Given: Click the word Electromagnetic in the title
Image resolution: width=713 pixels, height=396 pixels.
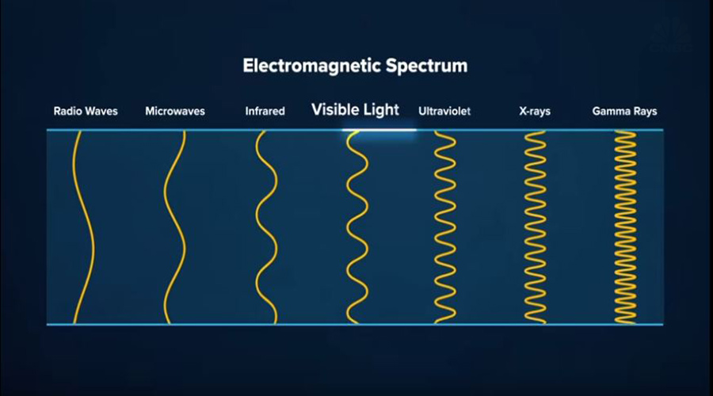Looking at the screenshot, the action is [x=312, y=66].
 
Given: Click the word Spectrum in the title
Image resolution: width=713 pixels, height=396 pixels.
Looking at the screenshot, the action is [x=426, y=67].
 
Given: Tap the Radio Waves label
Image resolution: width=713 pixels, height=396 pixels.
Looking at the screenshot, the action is [x=86, y=111].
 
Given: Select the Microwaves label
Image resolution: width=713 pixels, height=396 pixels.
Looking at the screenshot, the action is [x=175, y=111].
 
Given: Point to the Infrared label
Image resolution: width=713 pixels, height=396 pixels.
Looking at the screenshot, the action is [x=265, y=111].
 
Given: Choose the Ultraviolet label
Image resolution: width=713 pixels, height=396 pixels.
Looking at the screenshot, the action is [x=444, y=111].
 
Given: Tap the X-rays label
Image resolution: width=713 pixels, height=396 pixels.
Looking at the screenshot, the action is [x=535, y=112].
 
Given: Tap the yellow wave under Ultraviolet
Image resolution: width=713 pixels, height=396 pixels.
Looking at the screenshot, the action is [x=444, y=227].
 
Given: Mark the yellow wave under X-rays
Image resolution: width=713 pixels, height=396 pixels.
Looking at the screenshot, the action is [x=536, y=227].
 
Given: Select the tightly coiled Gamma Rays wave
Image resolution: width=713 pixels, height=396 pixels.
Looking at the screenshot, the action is [x=625, y=227].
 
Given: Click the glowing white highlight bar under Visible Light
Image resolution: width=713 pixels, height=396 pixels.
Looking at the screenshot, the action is [x=379, y=130].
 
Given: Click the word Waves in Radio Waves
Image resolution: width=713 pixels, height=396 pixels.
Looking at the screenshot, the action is [x=101, y=111].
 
